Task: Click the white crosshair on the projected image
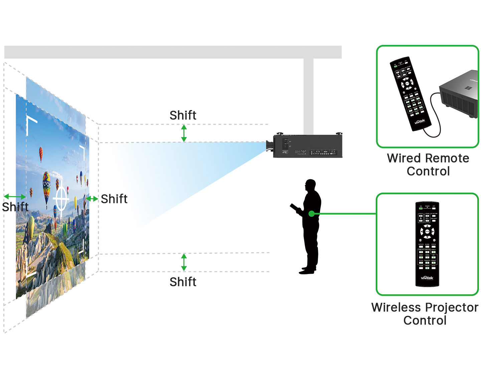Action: click(x=61, y=198)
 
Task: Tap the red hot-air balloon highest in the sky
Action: click(x=41, y=154)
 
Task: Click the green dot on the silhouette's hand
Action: click(x=311, y=213)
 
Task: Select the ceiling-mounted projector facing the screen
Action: click(x=305, y=146)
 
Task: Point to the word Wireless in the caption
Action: click(x=395, y=307)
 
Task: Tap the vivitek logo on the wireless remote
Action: click(x=427, y=278)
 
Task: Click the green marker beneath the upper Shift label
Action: click(x=183, y=133)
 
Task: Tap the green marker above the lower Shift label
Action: click(x=184, y=262)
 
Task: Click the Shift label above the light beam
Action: click(x=183, y=115)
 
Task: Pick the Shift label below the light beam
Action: click(x=183, y=282)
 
